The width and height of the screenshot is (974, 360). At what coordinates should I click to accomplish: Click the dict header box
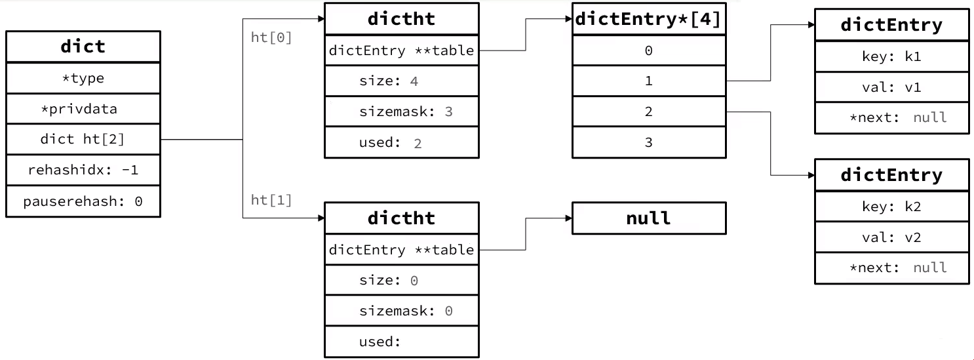83,47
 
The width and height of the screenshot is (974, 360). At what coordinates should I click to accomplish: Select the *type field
83,78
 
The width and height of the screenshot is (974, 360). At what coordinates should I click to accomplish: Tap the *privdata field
83,109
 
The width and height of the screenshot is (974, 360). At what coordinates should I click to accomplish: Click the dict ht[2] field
83,139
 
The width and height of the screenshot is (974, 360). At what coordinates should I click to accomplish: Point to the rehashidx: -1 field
83,170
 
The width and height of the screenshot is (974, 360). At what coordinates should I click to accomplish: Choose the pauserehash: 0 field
83,201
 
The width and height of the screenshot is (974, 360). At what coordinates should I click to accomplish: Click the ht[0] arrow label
271,37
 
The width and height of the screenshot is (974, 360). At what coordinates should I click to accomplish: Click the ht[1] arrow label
271,200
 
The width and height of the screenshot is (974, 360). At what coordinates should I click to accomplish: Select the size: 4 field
402,81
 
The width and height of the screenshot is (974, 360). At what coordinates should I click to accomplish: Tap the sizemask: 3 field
402,111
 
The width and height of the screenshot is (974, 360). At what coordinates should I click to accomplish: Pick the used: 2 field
402,142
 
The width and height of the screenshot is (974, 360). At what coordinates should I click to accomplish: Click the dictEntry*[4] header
649,19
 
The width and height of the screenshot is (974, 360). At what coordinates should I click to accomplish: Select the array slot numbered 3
649,142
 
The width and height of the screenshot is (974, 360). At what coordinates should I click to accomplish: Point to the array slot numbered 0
649,50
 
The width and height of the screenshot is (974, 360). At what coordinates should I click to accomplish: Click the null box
649,218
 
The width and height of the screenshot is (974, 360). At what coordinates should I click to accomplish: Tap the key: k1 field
892,56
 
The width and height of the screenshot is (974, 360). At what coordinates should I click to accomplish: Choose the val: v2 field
892,237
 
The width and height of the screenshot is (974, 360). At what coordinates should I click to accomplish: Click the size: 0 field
402,281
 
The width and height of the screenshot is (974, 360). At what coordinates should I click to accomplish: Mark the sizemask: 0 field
402,311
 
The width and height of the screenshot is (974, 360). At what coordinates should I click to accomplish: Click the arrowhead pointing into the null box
569,218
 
